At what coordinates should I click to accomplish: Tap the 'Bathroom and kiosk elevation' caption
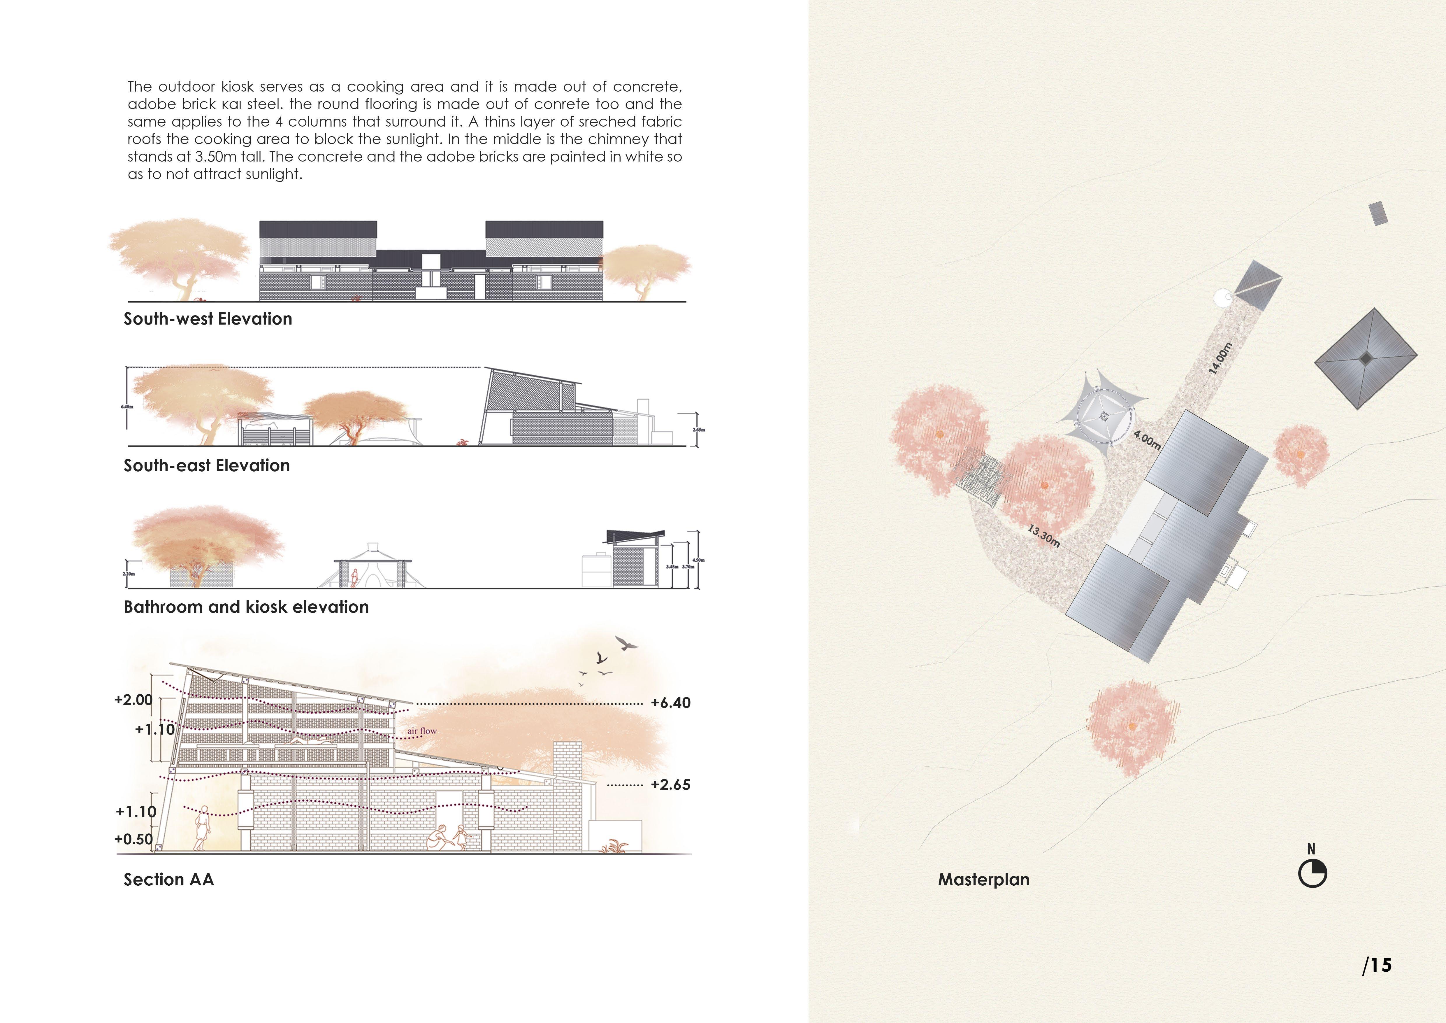click(246, 607)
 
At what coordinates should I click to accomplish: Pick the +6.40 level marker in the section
click(671, 703)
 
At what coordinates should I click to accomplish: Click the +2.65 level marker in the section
click(671, 785)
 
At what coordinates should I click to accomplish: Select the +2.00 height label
click(133, 700)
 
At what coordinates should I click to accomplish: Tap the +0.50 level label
click(133, 839)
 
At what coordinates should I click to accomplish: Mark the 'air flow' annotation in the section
click(422, 731)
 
